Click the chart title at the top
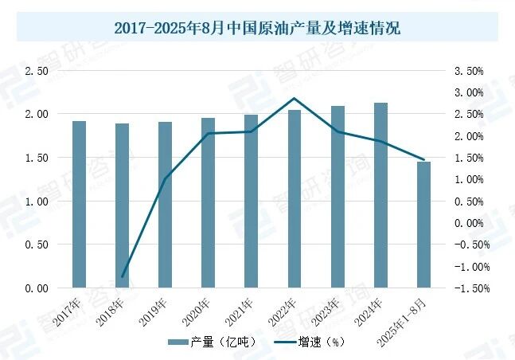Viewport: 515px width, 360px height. pos(257,29)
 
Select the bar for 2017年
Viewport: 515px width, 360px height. pos(79,204)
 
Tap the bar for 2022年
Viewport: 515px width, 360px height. pos(294,198)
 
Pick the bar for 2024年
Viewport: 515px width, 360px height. pos(380,195)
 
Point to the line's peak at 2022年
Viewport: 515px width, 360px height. pos(294,99)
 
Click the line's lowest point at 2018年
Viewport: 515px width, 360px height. pos(123,276)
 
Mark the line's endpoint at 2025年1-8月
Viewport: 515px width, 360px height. pos(423,159)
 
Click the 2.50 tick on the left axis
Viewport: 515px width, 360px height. pos(37,71)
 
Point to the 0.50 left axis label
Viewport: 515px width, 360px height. pos(37,245)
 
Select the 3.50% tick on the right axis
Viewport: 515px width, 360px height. pos(469,71)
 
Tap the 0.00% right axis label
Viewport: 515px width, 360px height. pos(469,223)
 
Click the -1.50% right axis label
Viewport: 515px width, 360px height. pos(467,288)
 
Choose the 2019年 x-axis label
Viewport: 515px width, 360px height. pos(154,311)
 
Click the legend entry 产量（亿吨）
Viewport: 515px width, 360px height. pos(211,342)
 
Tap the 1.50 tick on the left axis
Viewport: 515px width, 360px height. pos(37,158)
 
